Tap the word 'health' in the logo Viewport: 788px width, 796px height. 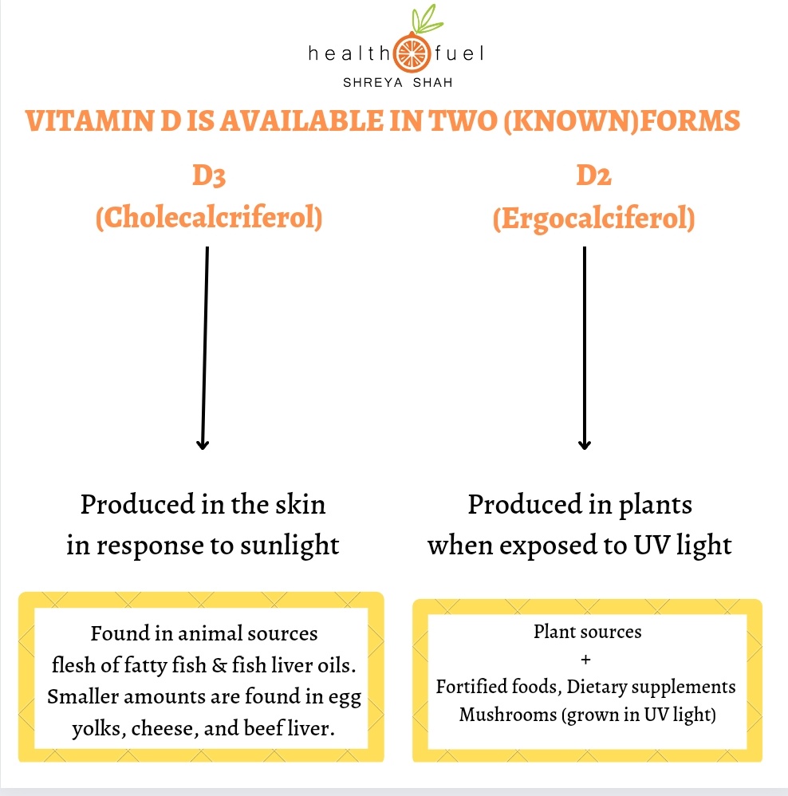click(348, 54)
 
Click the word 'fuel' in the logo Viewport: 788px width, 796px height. click(460, 54)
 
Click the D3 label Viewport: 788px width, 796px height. click(208, 176)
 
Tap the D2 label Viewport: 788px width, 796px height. click(593, 176)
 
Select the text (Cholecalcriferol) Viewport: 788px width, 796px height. click(208, 218)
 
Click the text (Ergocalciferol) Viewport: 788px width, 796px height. click(593, 218)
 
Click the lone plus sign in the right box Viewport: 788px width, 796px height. click(588, 660)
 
